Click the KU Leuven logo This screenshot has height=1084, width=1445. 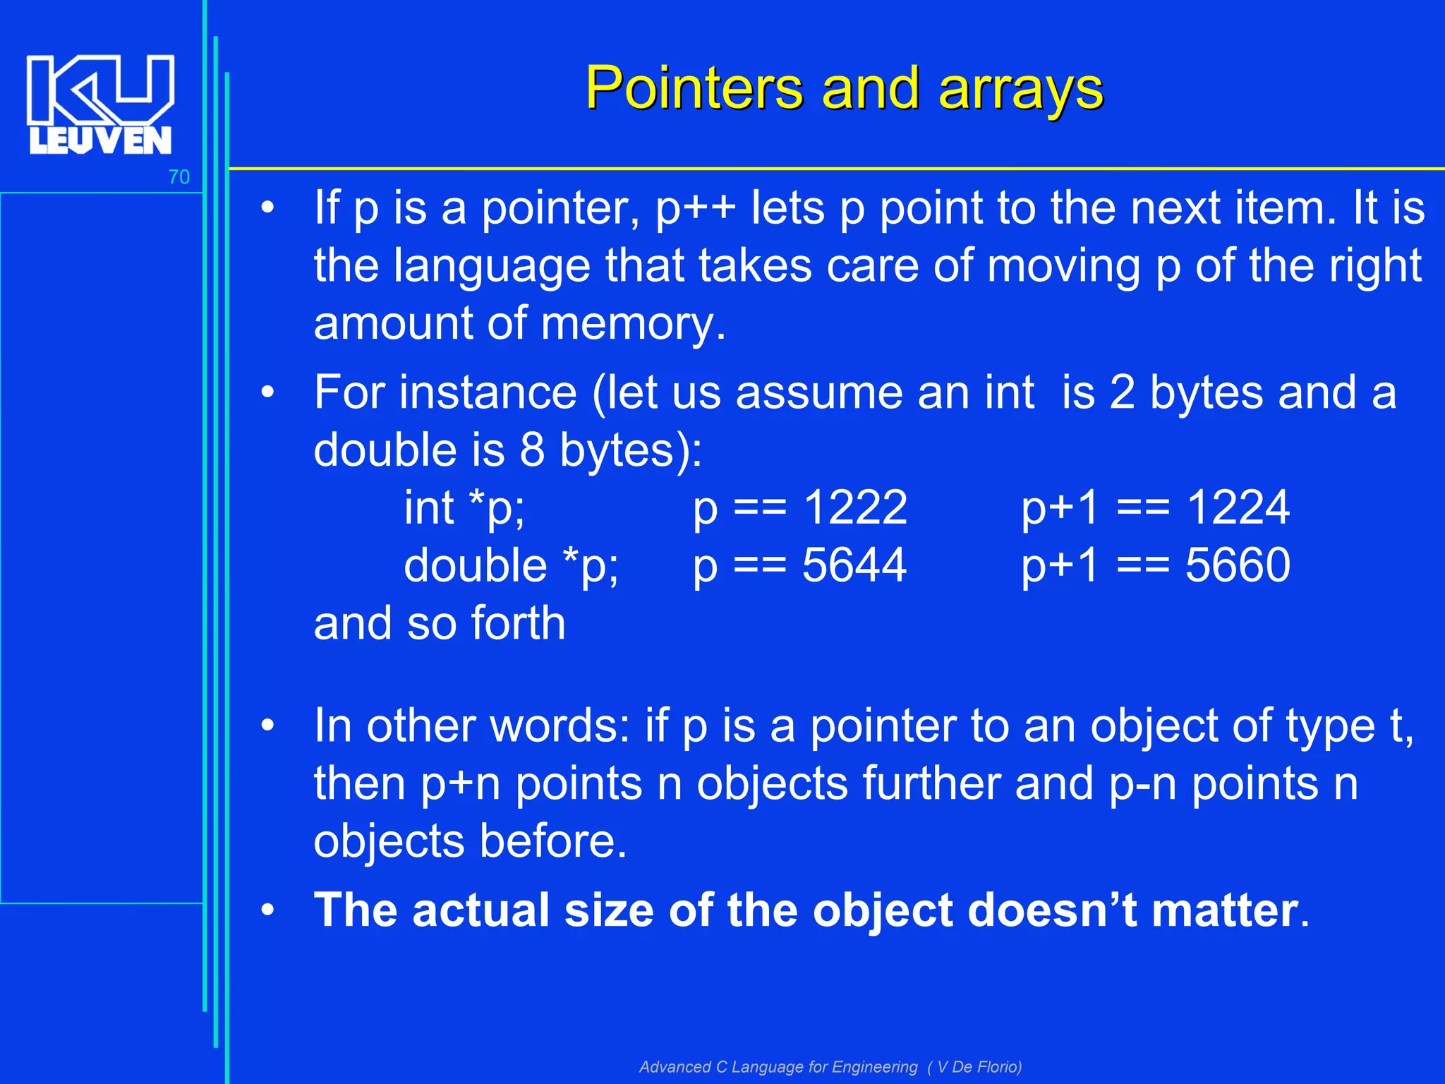coord(100,104)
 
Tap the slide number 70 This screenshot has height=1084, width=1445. coord(179,177)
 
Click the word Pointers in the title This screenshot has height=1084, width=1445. coord(694,89)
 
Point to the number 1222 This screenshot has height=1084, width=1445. coord(855,507)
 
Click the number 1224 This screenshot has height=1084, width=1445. coord(1238,507)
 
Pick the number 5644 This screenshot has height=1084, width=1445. coord(854,565)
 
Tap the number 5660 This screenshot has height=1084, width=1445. coord(1238,565)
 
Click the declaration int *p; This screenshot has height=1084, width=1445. coord(464,507)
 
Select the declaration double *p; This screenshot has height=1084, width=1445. coord(511,565)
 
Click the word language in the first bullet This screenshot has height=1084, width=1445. coord(491,266)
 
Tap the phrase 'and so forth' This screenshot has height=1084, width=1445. coord(439,623)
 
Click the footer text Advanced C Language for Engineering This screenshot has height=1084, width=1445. coord(778,1066)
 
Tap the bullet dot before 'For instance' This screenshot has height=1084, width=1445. coord(267,392)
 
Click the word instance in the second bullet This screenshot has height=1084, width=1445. coord(488,392)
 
